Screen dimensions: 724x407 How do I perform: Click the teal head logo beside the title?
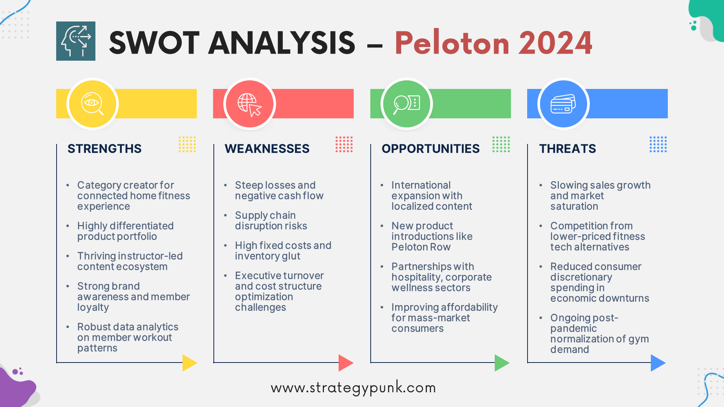(76, 41)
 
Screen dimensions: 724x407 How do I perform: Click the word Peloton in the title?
(452, 43)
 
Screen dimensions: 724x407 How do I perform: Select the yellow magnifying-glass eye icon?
(92, 104)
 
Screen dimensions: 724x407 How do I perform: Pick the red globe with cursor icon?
(250, 104)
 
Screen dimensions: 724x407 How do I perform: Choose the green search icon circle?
(406, 104)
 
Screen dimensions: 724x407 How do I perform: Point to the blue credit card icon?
(563, 104)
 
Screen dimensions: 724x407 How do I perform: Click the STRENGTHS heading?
(104, 148)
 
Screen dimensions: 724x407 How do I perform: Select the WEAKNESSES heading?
(267, 148)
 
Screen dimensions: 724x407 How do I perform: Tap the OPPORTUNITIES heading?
(431, 148)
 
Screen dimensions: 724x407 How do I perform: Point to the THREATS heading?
(568, 148)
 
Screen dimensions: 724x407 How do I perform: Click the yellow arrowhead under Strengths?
(190, 363)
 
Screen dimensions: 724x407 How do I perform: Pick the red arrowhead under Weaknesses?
(346, 363)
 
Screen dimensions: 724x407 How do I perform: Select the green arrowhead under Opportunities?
(502, 363)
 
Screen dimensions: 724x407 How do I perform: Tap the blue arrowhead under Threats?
(658, 363)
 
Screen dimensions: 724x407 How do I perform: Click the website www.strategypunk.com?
(353, 388)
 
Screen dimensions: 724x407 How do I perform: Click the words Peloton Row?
(421, 247)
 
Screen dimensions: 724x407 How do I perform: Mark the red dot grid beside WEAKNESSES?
(344, 144)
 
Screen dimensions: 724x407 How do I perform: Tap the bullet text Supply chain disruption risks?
(271, 220)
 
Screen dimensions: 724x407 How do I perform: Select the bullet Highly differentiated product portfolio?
(125, 231)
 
